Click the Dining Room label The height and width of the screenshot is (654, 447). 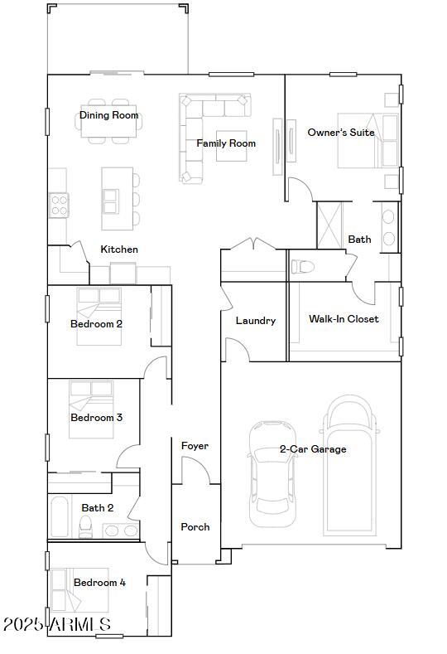[108, 115]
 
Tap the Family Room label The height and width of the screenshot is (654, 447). [226, 143]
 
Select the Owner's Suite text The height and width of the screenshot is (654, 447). [341, 133]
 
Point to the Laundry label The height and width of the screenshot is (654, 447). [255, 321]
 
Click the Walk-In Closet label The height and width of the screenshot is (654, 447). [344, 319]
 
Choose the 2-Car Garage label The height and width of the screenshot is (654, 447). [313, 449]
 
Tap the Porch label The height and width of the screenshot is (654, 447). [195, 527]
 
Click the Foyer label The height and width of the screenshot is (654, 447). [195, 446]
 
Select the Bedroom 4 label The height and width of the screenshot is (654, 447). [99, 582]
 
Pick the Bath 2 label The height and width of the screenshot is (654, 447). [98, 507]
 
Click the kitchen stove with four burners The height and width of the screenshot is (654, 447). [59, 206]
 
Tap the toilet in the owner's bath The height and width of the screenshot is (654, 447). [302, 267]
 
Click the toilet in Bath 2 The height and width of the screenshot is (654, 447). [86, 527]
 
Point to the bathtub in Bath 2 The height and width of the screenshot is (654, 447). [59, 516]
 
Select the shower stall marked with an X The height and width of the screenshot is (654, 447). [329, 225]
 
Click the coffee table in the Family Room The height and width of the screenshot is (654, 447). [231, 146]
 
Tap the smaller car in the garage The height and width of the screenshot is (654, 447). [272, 474]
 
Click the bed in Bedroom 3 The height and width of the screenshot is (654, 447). [91, 409]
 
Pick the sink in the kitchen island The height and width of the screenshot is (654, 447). [111, 201]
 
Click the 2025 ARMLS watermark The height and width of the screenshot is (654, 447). [57, 624]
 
